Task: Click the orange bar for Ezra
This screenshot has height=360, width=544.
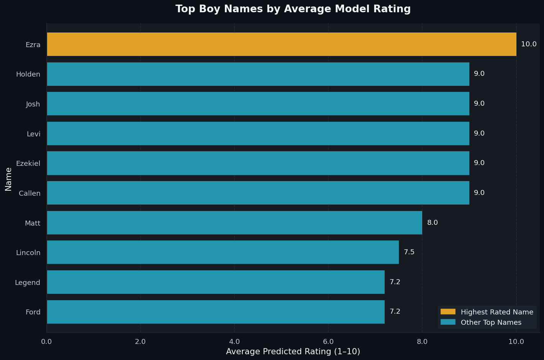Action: (x=282, y=44)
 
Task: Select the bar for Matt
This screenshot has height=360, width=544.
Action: (x=234, y=223)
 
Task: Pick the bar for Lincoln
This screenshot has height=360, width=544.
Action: (x=223, y=252)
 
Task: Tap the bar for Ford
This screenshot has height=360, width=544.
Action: (x=216, y=312)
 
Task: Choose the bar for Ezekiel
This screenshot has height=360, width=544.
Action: (x=258, y=163)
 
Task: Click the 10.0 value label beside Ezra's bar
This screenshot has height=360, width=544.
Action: (x=529, y=44)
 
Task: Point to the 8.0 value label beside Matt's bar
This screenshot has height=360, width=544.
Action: (x=433, y=223)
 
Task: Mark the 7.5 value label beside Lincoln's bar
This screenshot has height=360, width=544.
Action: (x=409, y=252)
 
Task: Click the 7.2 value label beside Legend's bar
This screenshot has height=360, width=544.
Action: (x=395, y=282)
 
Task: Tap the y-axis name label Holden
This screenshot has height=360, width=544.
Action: (x=28, y=74)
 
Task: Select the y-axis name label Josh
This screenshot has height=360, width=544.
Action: (x=33, y=104)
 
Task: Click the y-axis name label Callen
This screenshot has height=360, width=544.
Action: (x=29, y=193)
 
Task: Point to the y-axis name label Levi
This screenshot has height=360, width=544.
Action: (x=33, y=134)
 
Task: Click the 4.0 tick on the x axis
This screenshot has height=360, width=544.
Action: (x=234, y=342)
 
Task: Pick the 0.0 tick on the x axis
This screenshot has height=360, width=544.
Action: (x=47, y=342)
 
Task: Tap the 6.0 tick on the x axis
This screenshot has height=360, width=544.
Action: (x=328, y=342)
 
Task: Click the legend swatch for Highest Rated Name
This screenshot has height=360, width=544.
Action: (x=448, y=312)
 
